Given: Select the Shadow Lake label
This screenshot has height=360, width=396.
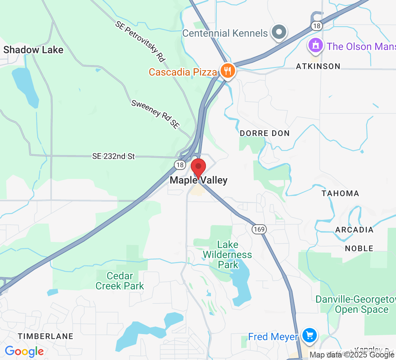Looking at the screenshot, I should point(33,50).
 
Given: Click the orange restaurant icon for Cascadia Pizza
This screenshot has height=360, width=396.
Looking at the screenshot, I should point(228,71).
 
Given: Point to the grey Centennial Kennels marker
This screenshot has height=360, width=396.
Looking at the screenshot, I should point(279,32).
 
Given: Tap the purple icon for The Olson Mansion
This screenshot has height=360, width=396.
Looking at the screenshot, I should point(316,45).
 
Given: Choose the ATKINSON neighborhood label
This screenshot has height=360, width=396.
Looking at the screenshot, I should point(318,66).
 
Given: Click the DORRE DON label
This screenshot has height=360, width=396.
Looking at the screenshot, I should point(265,133).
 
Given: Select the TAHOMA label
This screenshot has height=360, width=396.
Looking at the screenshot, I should point(340,193).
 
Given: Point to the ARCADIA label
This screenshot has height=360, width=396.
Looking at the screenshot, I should point(354,230).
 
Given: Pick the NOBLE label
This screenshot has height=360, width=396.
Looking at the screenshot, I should point(359,248).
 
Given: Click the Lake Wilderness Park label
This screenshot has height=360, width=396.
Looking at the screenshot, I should point(227,255).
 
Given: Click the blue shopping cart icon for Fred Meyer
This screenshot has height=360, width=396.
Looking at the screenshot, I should point(309,336).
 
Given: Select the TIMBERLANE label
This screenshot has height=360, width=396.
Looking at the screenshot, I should point(46,336).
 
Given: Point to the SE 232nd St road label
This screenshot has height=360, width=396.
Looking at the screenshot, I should point(113,156).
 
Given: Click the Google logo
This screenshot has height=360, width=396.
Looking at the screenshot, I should point(24,351).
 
